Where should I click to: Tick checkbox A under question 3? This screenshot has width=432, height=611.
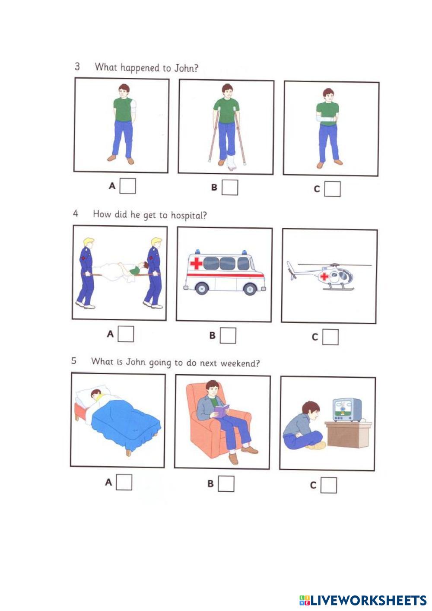127,186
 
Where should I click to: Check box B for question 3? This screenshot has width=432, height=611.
230,187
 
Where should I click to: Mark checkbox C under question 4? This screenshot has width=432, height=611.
330,337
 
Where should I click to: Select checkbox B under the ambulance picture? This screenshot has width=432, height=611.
228,335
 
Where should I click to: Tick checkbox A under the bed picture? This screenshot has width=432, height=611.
124,482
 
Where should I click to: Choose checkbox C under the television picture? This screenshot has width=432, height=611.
329,485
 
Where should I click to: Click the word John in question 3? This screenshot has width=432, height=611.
186,68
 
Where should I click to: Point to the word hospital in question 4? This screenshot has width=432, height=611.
189,216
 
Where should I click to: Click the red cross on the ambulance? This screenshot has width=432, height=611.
196,264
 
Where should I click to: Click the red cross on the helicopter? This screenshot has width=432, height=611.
324,276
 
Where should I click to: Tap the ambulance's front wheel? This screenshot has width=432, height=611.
250,289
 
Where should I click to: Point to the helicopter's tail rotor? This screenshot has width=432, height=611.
291,270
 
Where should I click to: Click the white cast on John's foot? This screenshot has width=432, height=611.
231,163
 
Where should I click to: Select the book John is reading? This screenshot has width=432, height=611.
222,411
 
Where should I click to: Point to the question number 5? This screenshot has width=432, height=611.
73,361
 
